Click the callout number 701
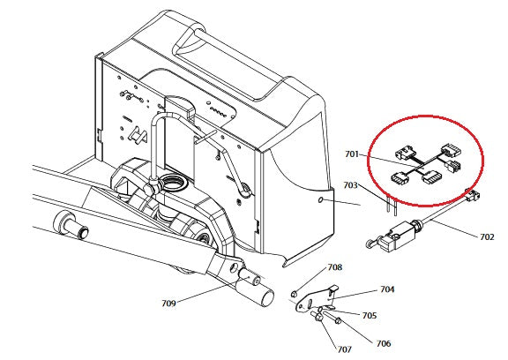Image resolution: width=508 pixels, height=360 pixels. click(x=352, y=154)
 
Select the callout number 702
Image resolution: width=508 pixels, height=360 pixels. click(x=487, y=236)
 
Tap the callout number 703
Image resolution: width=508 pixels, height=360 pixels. click(x=351, y=185)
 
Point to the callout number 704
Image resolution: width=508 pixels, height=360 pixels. click(x=387, y=289)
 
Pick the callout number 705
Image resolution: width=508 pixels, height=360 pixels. click(x=370, y=315)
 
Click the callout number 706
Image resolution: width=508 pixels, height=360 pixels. click(x=384, y=343)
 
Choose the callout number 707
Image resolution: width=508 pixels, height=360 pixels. click(x=344, y=349)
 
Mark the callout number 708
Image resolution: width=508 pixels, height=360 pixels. click(x=334, y=267)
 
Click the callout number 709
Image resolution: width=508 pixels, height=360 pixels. click(x=168, y=304)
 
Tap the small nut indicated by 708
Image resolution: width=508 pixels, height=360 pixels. click(x=295, y=294)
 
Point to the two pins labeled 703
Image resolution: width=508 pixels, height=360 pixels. click(x=391, y=206)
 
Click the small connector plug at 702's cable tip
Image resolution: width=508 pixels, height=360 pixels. click(x=473, y=196)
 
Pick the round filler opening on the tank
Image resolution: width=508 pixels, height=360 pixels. click(x=174, y=183)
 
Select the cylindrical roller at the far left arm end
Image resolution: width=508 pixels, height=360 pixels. click(x=71, y=226)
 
